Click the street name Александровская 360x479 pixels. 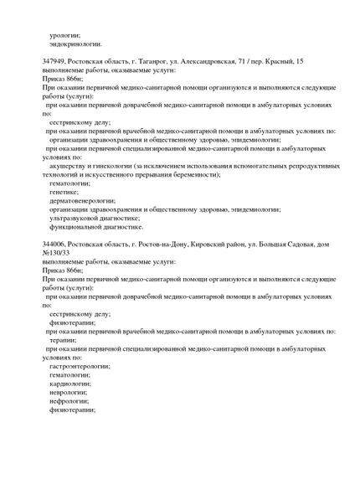[210, 62]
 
